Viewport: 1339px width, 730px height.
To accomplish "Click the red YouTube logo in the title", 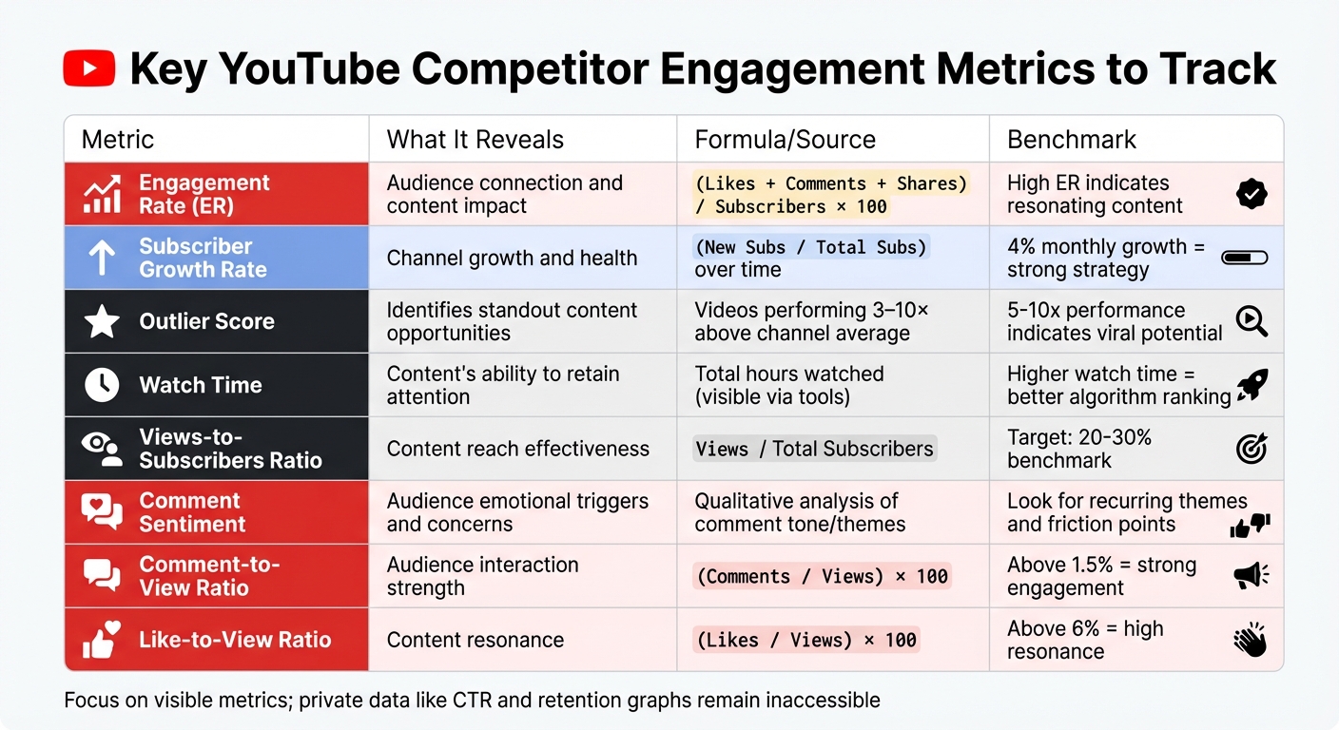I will tap(89, 69).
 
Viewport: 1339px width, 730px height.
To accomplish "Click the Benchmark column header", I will tap(1072, 140).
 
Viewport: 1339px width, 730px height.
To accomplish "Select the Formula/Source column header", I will tap(785, 140).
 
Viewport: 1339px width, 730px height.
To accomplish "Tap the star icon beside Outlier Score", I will tap(102, 321).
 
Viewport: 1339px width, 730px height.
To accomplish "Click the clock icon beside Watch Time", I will tap(102, 385).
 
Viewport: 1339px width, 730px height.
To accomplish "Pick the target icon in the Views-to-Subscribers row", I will tap(1252, 449).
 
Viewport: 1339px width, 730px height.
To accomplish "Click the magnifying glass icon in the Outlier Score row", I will tap(1252, 322).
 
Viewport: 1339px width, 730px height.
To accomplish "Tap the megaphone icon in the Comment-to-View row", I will tap(1252, 575).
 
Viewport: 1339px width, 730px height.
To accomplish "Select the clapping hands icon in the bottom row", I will tap(1251, 640).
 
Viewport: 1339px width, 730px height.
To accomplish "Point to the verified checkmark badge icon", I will tap(1252, 194).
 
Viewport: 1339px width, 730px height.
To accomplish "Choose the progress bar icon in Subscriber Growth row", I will tap(1244, 258).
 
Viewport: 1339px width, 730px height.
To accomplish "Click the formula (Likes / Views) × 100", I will tap(806, 640).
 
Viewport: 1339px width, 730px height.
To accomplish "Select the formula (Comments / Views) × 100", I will tap(822, 576).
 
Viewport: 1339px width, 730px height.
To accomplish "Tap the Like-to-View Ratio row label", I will tap(235, 640).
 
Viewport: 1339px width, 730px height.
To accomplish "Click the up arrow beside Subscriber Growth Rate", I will tap(102, 258).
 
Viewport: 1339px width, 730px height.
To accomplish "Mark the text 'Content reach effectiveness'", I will tap(517, 449).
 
